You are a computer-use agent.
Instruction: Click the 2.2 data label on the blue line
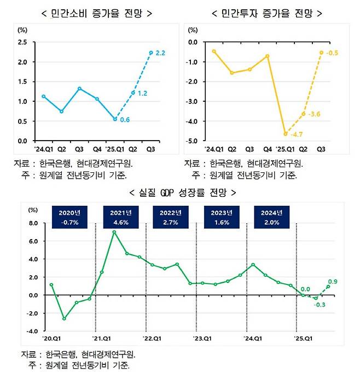tap(161, 53)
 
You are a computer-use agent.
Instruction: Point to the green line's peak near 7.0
tap(114, 232)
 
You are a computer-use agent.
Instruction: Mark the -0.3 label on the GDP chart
tap(318, 305)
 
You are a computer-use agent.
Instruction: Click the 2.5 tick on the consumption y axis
tap(22, 42)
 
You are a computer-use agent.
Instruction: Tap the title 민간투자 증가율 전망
tap(266, 13)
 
